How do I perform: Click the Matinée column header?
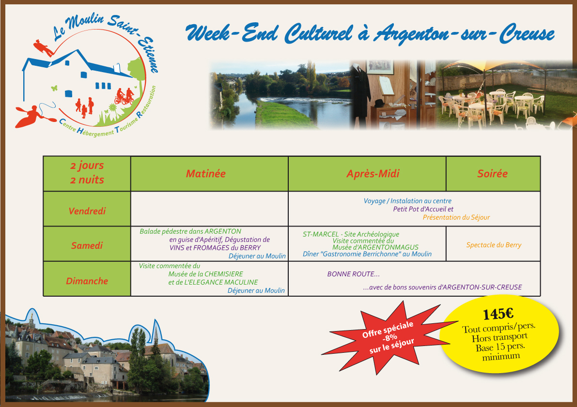206,174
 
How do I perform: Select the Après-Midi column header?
373,174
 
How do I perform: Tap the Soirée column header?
492,174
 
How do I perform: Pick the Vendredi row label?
87,211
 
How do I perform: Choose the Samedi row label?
87,245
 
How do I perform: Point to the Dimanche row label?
87,281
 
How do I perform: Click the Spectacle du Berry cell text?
494,245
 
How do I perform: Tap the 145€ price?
498,314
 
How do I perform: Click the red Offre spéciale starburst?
389,337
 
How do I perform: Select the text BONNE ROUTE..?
353,274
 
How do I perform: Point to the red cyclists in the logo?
125,96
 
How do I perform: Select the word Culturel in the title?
319,33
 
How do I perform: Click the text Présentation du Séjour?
456,217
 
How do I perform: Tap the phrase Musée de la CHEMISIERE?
206,274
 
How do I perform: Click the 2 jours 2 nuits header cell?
87,173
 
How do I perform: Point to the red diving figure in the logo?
44,48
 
